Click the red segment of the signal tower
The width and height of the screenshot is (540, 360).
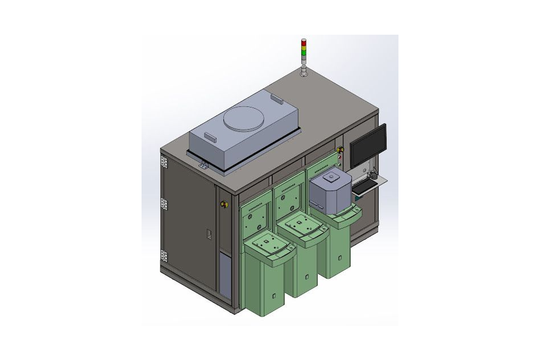pos(304,42)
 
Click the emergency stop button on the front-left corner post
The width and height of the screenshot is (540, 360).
pos(223,202)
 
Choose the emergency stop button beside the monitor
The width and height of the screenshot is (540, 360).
pos(340,150)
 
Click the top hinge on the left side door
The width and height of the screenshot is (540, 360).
pos(164,163)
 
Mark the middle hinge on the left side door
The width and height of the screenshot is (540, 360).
pos(164,204)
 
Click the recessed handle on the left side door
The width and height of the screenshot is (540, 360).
pos(209,234)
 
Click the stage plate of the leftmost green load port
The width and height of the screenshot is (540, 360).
pos(267,245)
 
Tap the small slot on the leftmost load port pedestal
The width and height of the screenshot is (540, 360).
pos(275,296)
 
